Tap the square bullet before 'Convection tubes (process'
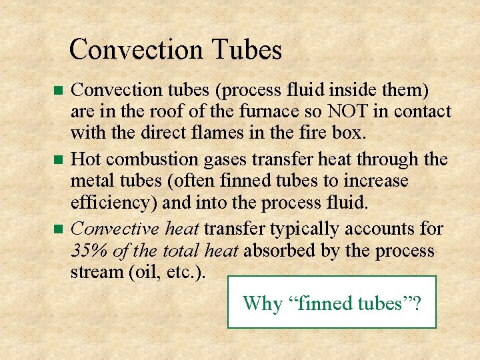[x=57, y=90]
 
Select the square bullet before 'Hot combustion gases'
[x=57, y=159]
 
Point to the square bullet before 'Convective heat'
[x=57, y=229]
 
